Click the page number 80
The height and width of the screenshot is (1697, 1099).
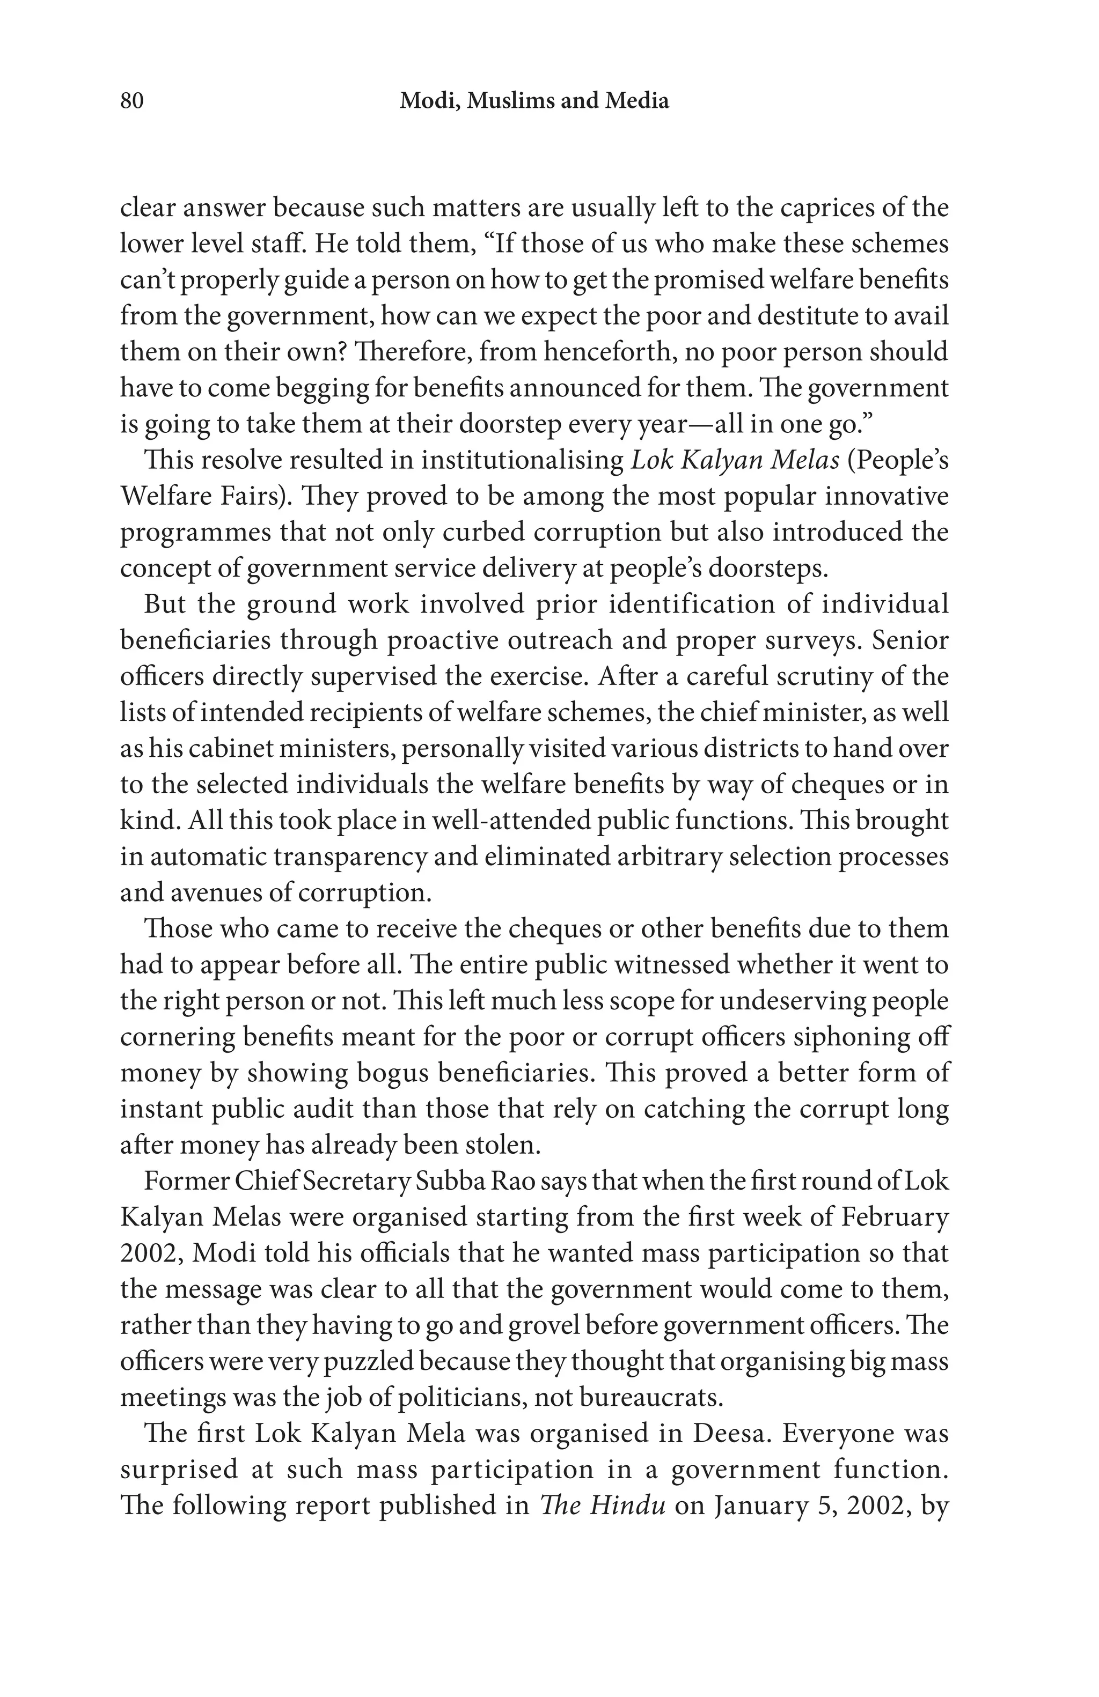132,101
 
